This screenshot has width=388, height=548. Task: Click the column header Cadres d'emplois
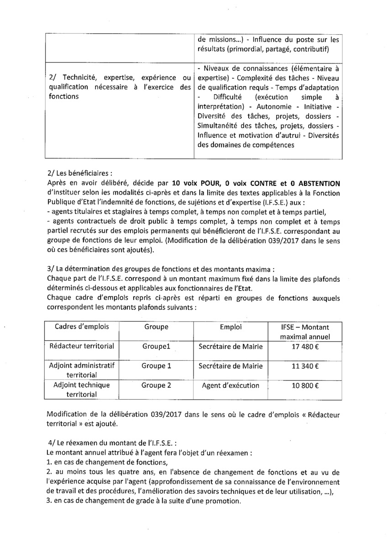tap(80, 327)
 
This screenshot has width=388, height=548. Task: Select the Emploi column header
tap(231, 327)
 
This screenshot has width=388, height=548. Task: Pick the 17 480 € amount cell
tap(305, 347)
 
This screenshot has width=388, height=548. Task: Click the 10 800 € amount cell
tap(305, 385)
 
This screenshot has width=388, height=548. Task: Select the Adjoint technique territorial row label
tap(80, 390)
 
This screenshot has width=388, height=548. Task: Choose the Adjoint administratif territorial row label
tap(80, 370)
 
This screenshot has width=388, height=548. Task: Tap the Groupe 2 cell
tap(156, 385)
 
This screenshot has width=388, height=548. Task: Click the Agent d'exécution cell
tap(231, 385)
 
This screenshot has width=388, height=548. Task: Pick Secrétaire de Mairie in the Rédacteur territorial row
tap(231, 347)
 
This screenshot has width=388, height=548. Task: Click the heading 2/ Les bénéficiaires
tap(79, 174)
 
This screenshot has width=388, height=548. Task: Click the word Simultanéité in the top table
tap(219, 125)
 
